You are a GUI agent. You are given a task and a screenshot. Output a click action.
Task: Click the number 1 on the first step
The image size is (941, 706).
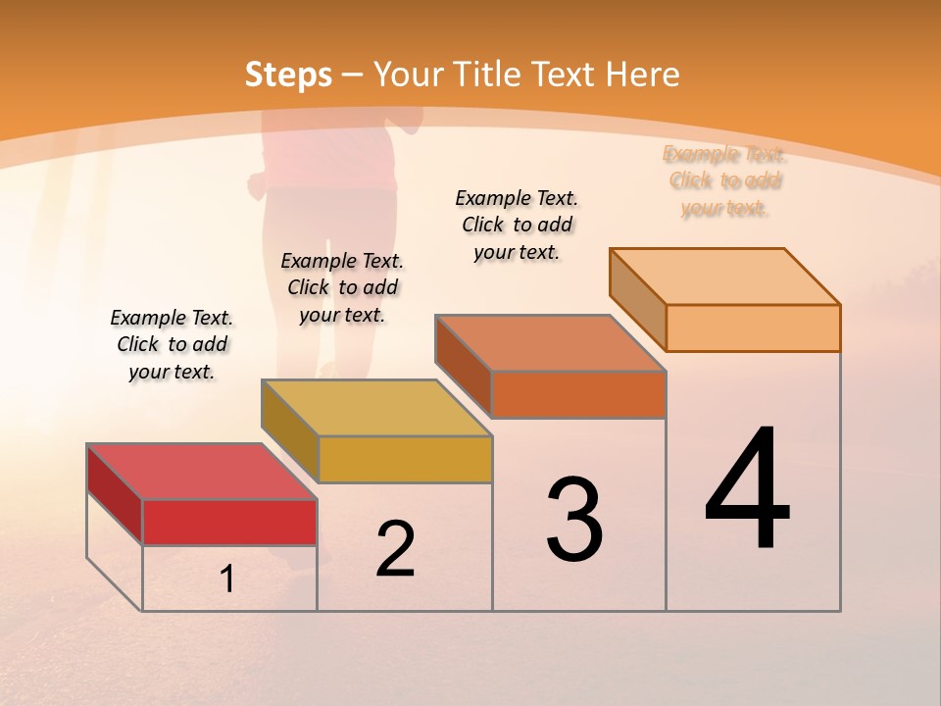[x=227, y=579]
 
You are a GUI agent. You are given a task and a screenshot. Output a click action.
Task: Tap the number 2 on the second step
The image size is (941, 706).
[x=395, y=549]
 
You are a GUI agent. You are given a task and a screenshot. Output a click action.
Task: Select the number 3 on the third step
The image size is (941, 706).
[x=574, y=521]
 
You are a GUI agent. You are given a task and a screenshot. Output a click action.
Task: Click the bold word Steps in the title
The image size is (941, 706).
[x=288, y=75]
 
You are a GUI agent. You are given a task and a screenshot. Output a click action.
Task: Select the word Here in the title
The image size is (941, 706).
[x=643, y=75]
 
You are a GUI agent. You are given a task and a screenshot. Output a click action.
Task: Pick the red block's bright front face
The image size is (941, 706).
[x=229, y=522]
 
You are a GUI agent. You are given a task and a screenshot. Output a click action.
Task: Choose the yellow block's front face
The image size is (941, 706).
[x=405, y=459]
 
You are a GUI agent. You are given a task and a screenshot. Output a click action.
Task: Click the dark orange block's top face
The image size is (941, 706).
[x=550, y=343]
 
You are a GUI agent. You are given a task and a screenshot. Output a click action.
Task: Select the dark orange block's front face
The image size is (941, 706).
[x=578, y=394]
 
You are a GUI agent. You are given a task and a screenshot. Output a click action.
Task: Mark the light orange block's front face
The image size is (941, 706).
[x=753, y=328]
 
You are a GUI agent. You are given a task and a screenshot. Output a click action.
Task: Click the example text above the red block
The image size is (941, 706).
[x=172, y=344]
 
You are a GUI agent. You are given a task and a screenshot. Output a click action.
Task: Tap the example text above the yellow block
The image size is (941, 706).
[x=342, y=287]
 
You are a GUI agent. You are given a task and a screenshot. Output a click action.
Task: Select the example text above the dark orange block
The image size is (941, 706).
[x=517, y=225]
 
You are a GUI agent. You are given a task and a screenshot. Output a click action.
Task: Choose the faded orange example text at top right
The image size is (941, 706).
[x=724, y=180]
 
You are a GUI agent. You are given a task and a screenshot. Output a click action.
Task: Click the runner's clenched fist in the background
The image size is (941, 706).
[x=258, y=183]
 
